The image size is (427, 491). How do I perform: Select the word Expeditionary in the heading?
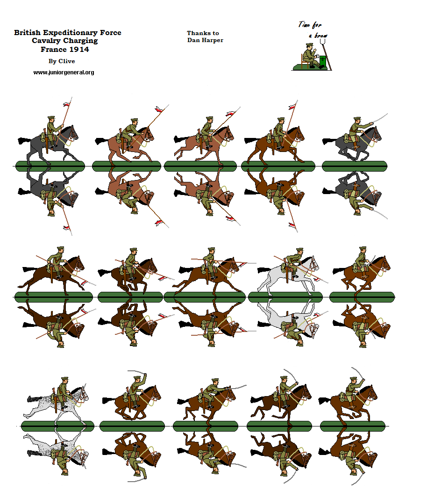click(72, 33)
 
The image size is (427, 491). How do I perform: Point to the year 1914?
click(77, 50)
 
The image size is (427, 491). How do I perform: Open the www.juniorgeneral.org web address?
click(64, 72)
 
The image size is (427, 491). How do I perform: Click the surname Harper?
click(213, 40)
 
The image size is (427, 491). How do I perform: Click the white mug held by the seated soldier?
click(316, 56)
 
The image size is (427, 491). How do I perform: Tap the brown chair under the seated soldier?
click(304, 61)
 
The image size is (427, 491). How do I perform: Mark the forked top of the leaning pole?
click(321, 42)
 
